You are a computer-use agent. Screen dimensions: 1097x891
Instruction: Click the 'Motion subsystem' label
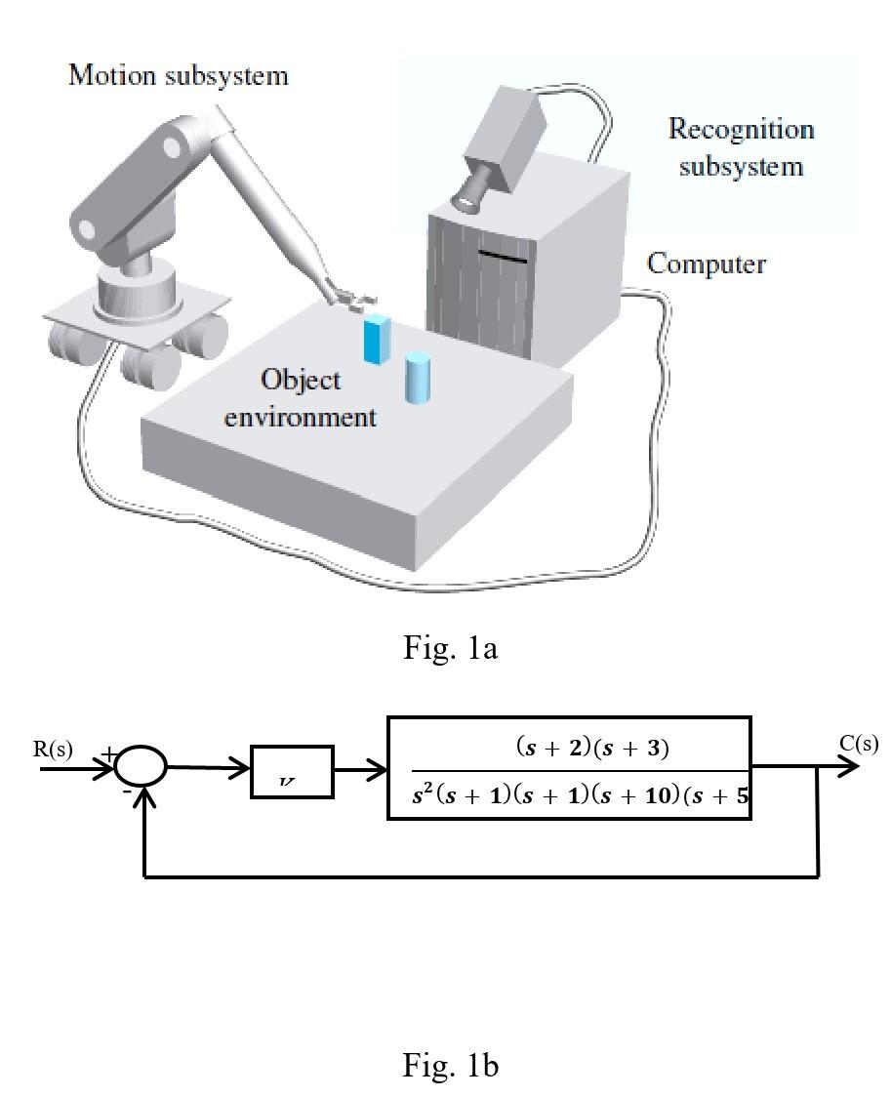coord(178,75)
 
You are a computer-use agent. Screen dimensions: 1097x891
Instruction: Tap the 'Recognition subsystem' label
coord(741,147)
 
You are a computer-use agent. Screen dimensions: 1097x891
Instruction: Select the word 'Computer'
coord(706,264)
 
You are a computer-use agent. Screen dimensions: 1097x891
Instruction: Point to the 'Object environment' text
coord(300,398)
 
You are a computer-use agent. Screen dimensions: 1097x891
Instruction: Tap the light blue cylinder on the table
coord(418,378)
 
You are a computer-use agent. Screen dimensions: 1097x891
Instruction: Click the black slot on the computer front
coord(502,258)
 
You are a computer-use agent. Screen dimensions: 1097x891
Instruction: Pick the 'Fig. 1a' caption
coord(450,647)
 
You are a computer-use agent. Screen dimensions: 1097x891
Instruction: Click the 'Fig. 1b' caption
coord(450,1065)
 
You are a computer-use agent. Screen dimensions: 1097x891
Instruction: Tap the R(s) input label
coord(53,750)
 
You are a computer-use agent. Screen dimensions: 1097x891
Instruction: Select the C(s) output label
coord(859,744)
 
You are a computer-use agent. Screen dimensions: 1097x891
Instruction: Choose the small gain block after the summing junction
coord(292,771)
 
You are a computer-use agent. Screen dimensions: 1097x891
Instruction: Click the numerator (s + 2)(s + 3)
coord(591,748)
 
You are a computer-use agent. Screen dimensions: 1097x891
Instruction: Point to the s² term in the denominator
coord(422,795)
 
